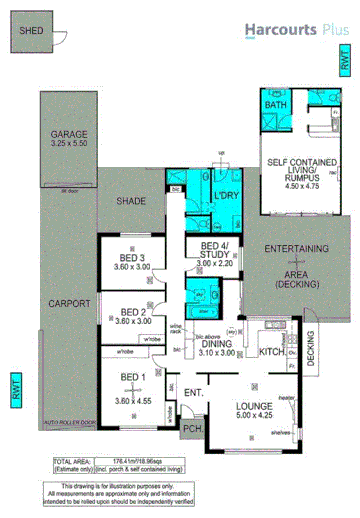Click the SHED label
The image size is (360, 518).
28,31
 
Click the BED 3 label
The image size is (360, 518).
130,258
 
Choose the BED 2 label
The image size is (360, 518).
130,311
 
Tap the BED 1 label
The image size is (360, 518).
131,375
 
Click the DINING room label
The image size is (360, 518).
218,343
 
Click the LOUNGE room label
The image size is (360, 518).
251,406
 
